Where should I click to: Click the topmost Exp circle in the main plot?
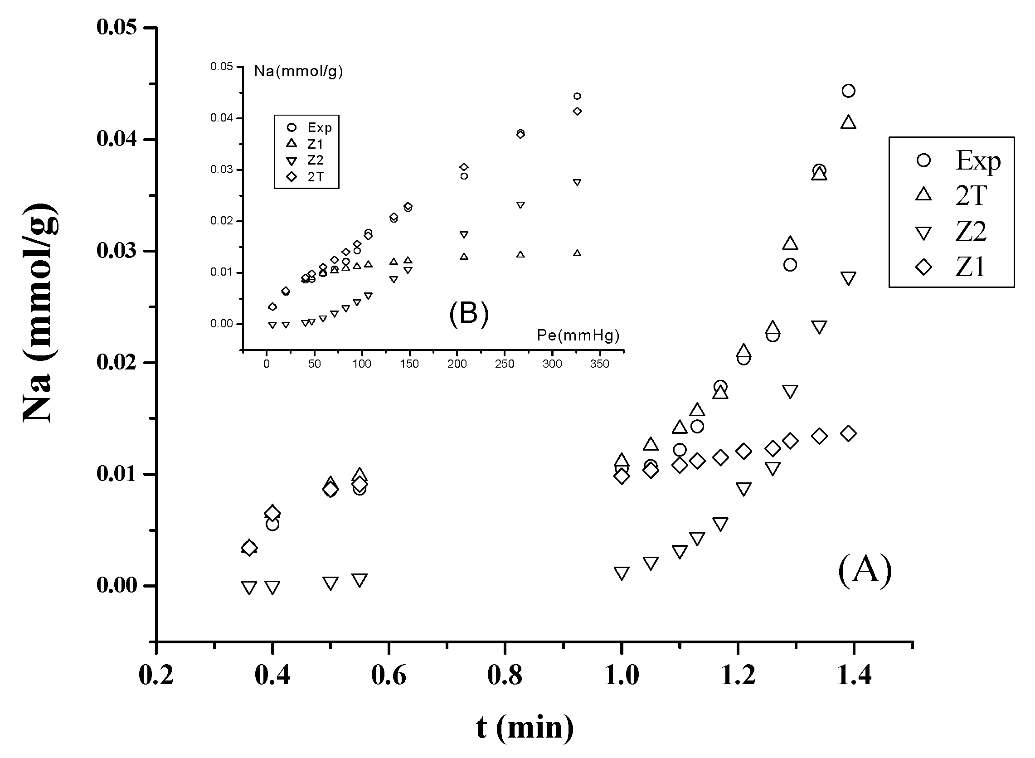coord(848,91)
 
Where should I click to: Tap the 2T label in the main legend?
coord(971,195)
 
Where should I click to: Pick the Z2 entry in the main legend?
coord(971,231)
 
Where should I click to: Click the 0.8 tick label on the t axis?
coord(504,675)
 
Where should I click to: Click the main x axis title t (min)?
coord(525,728)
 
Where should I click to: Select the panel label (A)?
coord(865,569)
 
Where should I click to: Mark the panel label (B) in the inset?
coord(469,313)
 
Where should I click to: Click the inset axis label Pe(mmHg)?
coord(578,335)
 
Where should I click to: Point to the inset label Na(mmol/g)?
coord(299,71)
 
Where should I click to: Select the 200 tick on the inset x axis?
coord(457,364)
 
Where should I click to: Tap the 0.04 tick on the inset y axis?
coord(222,118)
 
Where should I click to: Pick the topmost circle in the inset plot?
coord(577,96)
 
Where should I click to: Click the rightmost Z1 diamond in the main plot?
coord(848,433)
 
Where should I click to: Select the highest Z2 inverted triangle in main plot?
coord(848,278)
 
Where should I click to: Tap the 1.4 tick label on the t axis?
coord(854,675)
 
